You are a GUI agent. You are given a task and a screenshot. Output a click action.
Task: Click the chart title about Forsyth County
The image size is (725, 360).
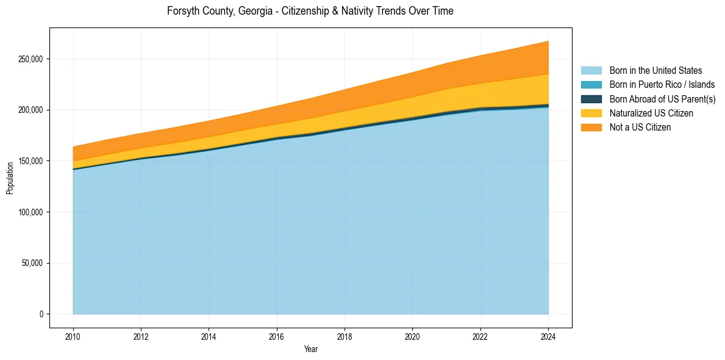(x=310, y=11)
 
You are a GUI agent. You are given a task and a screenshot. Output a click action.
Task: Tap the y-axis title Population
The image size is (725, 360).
(x=10, y=178)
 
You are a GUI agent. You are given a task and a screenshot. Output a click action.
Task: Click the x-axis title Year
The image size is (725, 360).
(x=310, y=350)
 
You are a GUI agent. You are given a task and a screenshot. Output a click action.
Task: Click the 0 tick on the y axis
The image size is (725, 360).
(x=41, y=314)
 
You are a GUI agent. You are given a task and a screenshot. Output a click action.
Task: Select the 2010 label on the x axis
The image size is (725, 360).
(x=73, y=336)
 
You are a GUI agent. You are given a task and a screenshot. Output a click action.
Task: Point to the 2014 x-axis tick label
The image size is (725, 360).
(x=209, y=336)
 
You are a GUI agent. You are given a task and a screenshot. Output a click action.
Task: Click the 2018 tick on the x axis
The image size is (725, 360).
(x=345, y=336)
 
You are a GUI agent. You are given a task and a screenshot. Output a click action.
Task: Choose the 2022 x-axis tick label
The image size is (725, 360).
(x=480, y=336)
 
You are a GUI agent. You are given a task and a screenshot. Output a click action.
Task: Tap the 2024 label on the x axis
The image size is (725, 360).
(x=548, y=336)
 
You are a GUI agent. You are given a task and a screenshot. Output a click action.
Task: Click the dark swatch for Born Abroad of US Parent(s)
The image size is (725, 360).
(x=591, y=99)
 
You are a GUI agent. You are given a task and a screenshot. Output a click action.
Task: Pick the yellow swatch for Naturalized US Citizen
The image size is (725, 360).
(x=591, y=113)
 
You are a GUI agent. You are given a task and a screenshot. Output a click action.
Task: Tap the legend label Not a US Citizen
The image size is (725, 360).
(x=640, y=128)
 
